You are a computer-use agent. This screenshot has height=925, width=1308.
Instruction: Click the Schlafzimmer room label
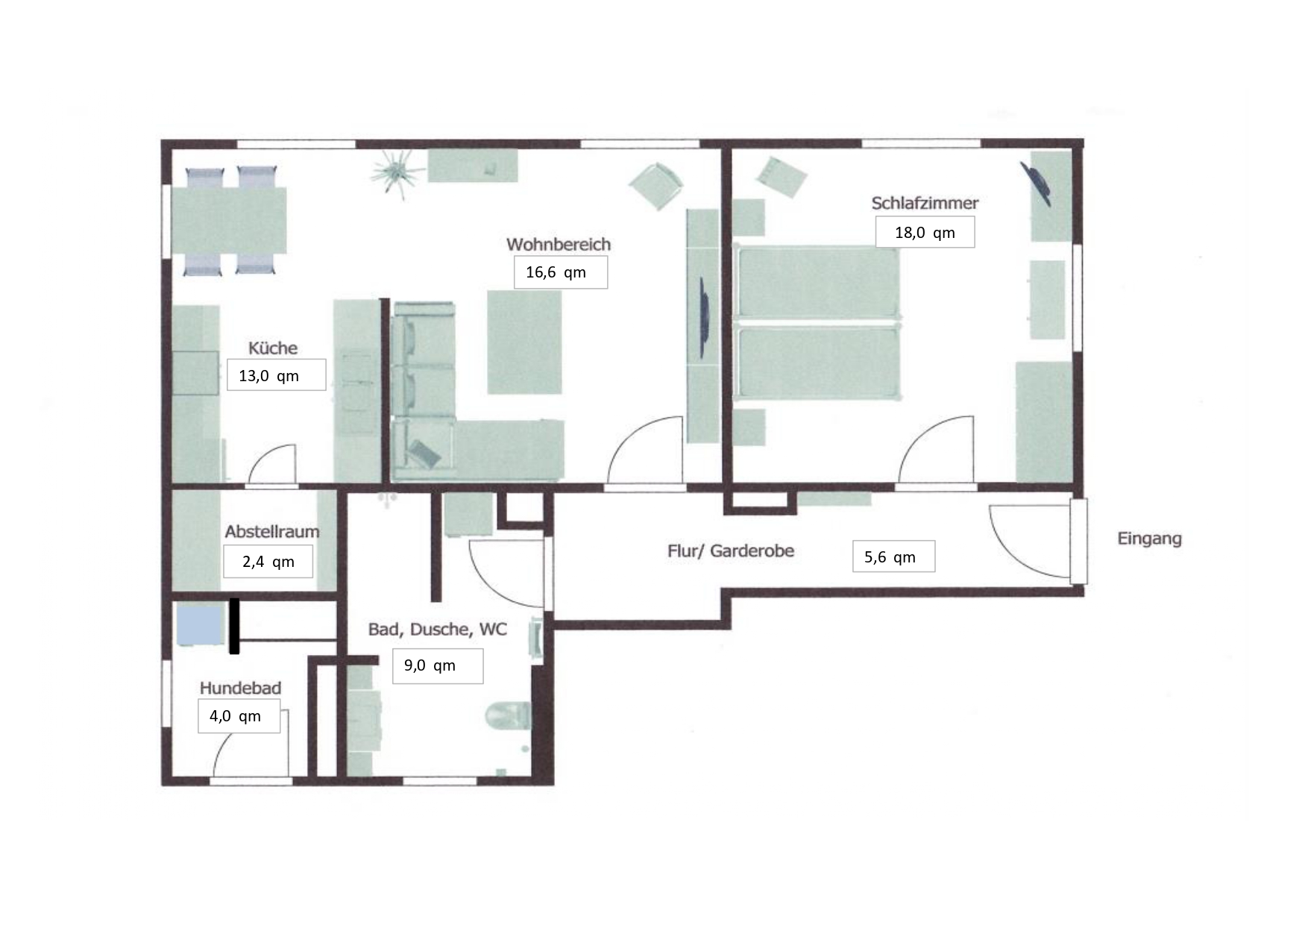point(925,203)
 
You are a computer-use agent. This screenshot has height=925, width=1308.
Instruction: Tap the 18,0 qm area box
point(925,232)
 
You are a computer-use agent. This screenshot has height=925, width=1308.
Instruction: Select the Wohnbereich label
point(559,244)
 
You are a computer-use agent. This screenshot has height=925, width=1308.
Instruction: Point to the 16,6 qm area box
point(560,272)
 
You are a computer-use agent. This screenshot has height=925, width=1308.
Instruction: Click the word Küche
point(273,348)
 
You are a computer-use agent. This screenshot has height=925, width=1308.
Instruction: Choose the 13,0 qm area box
point(276,374)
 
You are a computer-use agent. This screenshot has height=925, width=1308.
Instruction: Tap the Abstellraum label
point(272,532)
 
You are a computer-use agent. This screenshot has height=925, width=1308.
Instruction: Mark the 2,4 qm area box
point(268,562)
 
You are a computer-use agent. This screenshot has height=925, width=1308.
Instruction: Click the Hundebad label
point(240,688)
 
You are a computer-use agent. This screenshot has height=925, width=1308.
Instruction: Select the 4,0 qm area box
point(239,716)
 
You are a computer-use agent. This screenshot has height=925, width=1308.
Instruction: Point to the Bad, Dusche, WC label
point(438,630)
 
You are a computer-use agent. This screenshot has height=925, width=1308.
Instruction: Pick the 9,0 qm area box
point(438,665)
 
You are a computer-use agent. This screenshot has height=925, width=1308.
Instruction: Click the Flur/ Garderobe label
point(731,551)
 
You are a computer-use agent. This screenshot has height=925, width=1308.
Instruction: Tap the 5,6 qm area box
point(893,556)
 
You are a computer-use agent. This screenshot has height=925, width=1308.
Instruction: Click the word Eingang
point(1149,539)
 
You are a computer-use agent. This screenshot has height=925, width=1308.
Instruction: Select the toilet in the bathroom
point(508,716)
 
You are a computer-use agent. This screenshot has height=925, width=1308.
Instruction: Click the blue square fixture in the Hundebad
point(201,624)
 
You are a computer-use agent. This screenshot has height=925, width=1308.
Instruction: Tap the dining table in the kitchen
point(229,221)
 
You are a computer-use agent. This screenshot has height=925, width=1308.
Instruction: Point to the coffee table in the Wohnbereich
point(524,342)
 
